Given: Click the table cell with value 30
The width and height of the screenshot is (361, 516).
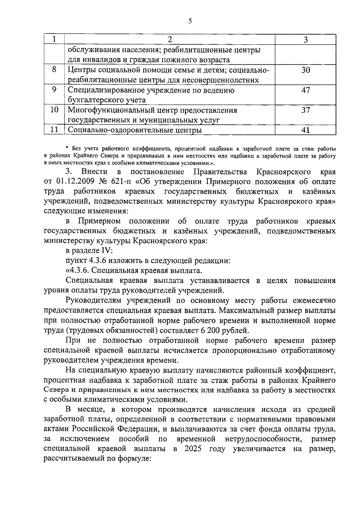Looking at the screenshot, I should point(306,70).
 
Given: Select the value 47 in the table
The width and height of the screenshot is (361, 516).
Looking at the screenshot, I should point(306,90).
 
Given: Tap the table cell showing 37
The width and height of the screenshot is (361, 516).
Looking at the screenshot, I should point(306,110).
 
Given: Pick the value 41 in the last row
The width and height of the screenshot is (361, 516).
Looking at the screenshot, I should point(306,130).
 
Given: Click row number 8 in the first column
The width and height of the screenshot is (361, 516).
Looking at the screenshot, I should point(54,70).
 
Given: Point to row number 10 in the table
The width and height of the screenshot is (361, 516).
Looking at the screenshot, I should point(54,110).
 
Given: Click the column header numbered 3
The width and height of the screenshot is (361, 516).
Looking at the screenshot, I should point(306,39).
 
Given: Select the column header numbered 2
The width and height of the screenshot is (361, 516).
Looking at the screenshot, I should point(170,39).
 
